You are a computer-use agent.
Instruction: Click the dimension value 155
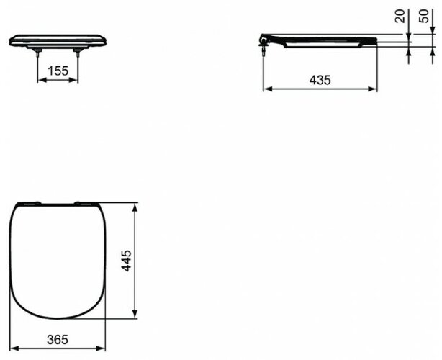click(58, 71)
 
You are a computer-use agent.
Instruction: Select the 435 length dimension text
click(321, 81)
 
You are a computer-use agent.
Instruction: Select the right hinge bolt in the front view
click(78, 51)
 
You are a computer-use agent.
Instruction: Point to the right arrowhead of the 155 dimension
click(76, 81)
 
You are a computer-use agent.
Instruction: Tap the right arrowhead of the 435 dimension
click(375, 90)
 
